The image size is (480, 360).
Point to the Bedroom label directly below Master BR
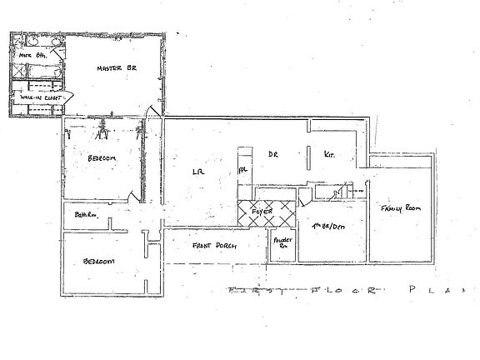100,158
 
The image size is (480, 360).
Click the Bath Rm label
86,215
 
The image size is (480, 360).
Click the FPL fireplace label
244,169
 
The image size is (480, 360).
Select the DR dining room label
272,154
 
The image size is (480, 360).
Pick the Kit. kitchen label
328,154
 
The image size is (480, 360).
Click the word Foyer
263,214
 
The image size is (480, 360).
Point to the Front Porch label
212,246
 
